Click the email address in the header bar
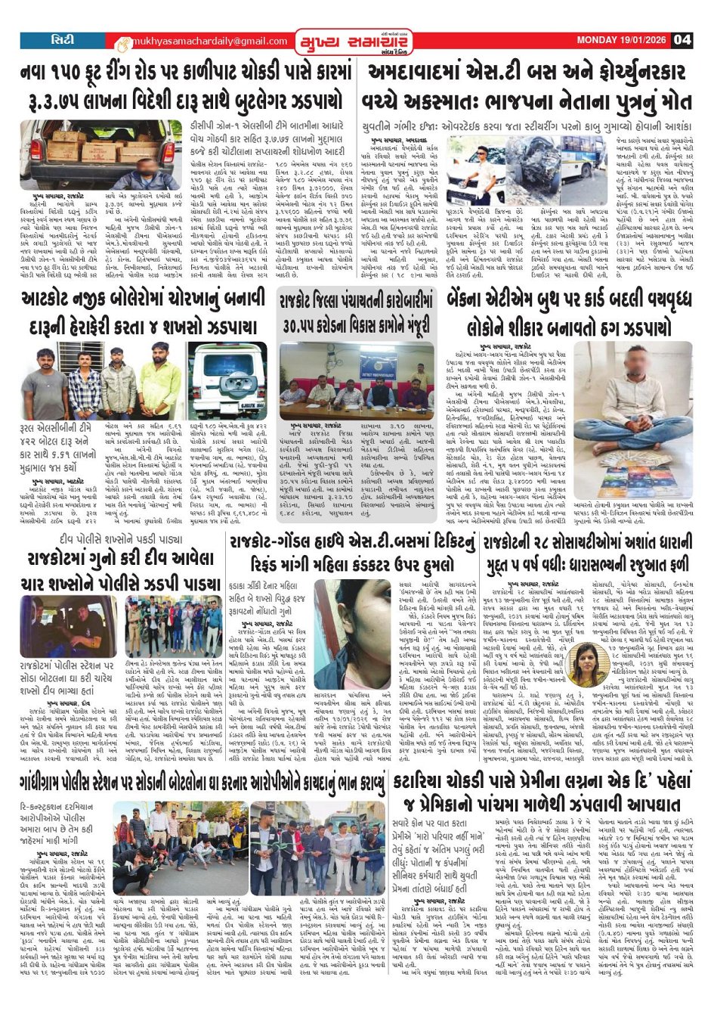(202, 41)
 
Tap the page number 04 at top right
(682, 40)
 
